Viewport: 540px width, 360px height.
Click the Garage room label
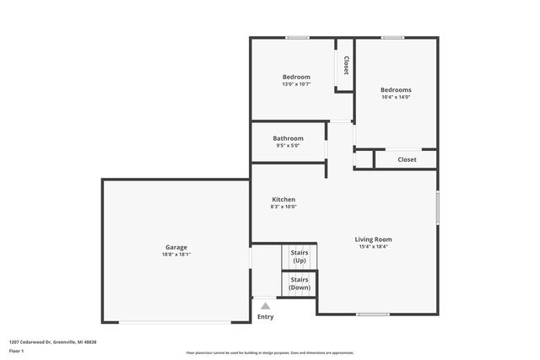(x=175, y=247)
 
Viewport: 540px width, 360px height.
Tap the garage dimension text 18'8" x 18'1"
(x=175, y=255)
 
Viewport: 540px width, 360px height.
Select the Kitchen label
(x=283, y=200)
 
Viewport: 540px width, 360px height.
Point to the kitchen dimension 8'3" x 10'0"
(x=283, y=207)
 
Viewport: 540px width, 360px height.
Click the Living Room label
(x=373, y=239)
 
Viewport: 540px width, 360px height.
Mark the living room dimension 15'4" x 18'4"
(x=373, y=247)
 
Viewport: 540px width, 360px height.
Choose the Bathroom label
(x=288, y=138)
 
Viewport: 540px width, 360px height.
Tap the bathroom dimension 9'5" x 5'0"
(x=288, y=146)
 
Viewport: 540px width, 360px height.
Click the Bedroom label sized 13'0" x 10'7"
(x=296, y=77)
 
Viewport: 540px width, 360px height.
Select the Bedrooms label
(x=396, y=89)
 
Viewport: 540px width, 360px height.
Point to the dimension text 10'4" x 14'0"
(x=396, y=97)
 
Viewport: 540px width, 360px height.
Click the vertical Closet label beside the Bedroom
(x=345, y=66)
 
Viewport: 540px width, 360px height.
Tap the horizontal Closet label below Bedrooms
(x=407, y=159)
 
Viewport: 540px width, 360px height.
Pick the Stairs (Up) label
(x=300, y=256)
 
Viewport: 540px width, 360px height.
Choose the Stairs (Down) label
(x=300, y=283)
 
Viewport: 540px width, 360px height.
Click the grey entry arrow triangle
(x=265, y=306)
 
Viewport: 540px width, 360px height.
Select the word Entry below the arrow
(x=265, y=317)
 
